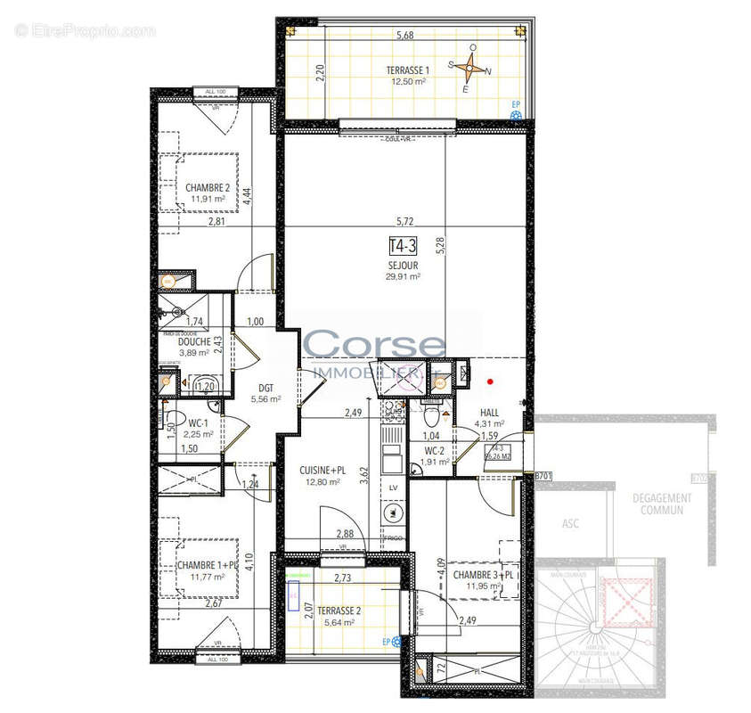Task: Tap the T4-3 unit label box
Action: tap(403, 246)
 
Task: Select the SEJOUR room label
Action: tap(403, 265)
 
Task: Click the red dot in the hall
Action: tap(489, 382)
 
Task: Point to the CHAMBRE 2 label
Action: tap(208, 188)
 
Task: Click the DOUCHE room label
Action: tap(193, 341)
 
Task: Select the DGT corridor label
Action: tap(266, 388)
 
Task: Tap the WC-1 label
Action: tap(197, 423)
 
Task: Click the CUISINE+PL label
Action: tap(319, 470)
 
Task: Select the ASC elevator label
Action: tap(571, 523)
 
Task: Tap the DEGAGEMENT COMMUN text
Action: tap(660, 504)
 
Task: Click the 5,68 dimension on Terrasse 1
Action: tap(405, 36)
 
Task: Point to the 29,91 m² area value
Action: tap(403, 276)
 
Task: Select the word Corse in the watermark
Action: tap(374, 344)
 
